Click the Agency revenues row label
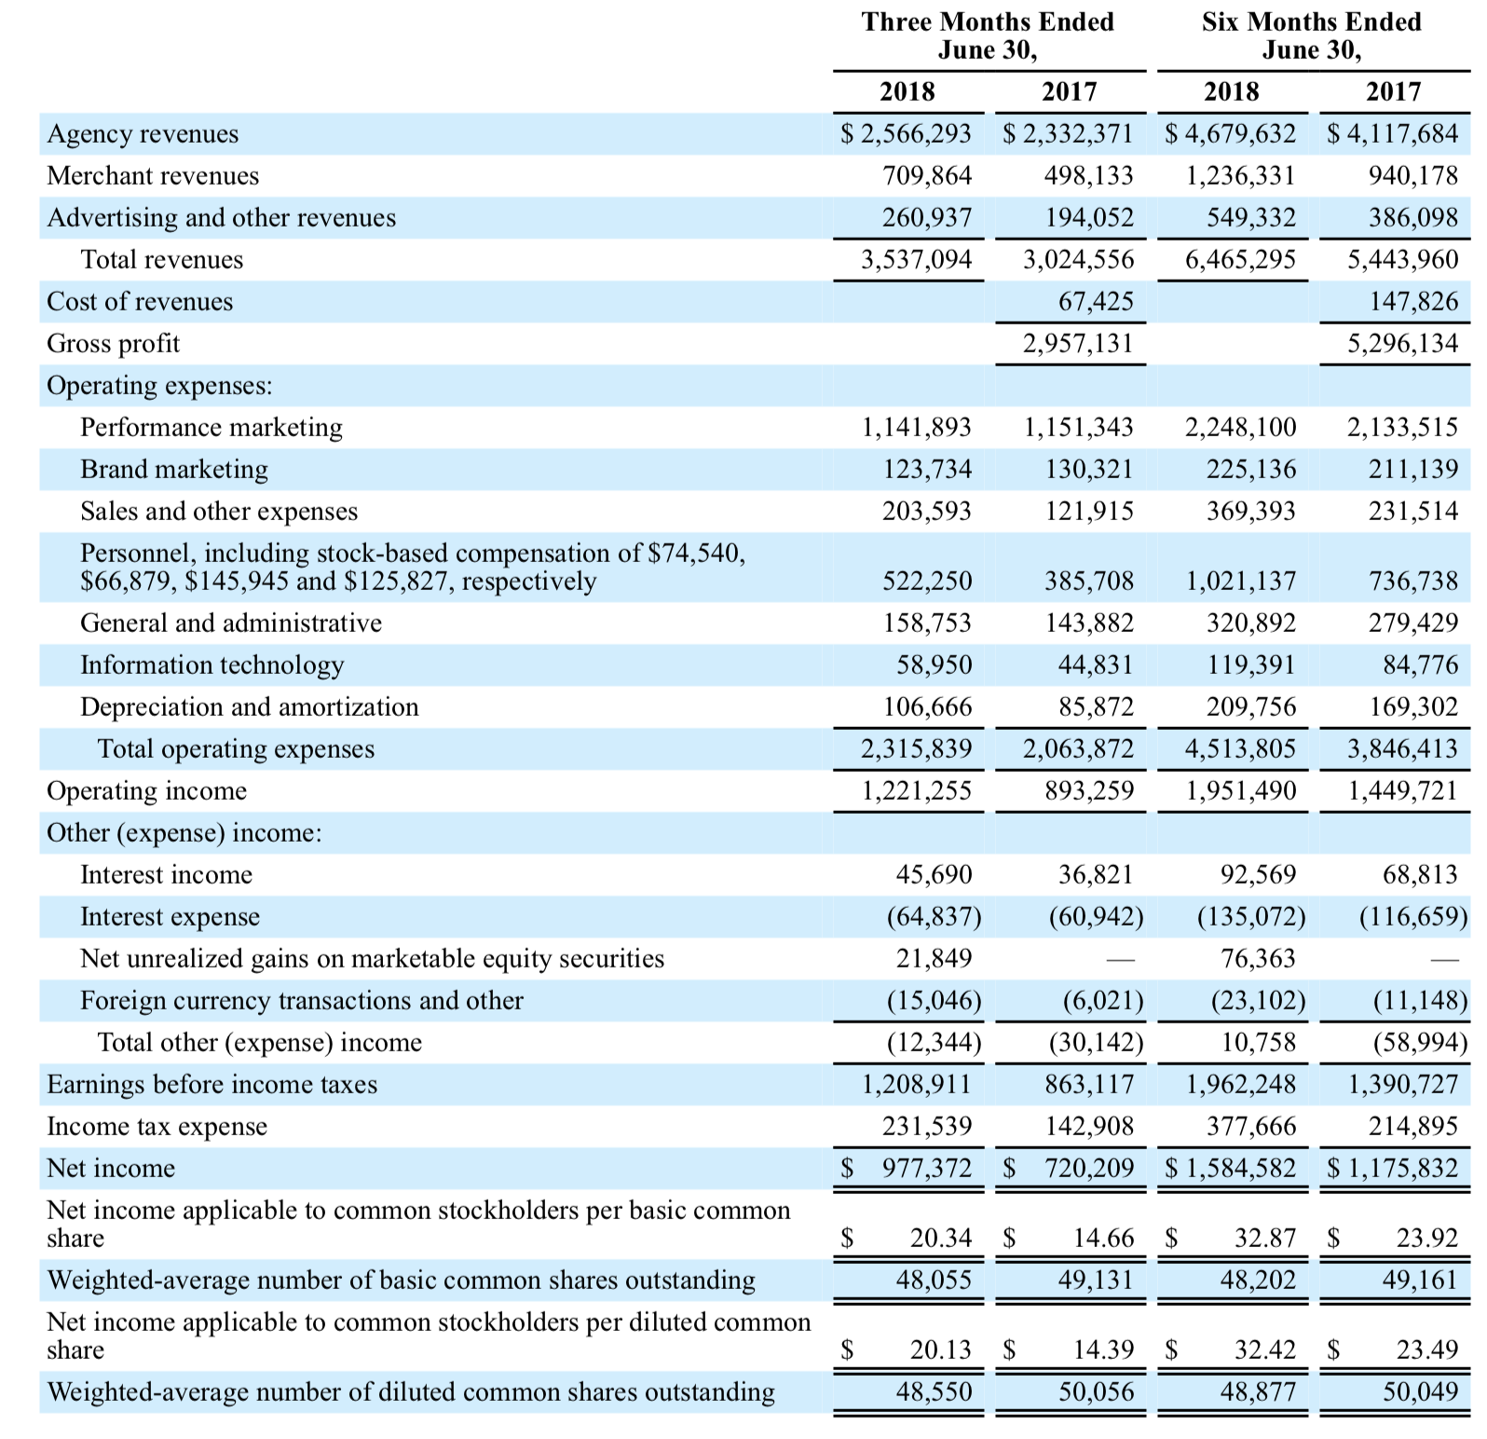143,134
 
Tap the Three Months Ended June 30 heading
988,35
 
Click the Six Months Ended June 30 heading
1311,35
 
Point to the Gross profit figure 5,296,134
1402,343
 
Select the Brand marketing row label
174,469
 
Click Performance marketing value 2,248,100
1240,427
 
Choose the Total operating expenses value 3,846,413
1402,748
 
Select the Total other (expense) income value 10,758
1258,1042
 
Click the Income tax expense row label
157,1127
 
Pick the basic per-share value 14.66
1103,1238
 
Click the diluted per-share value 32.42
1264,1350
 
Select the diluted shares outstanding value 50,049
1420,1391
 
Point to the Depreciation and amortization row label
249,706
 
